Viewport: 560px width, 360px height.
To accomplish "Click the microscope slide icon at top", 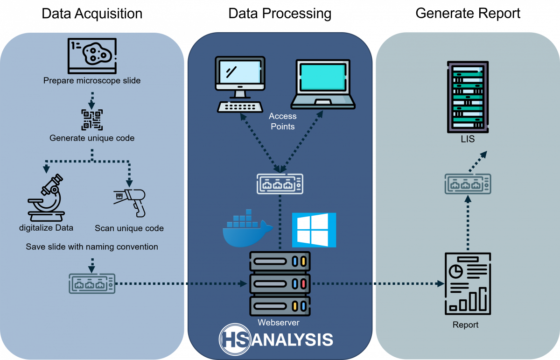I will pyautogui.click(x=92, y=56).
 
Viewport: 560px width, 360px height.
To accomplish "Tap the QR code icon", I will pyautogui.click(x=92, y=120).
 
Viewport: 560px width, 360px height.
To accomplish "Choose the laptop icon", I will pyautogui.click(x=323, y=84).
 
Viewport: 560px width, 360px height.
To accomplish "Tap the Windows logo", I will pyautogui.click(x=314, y=230).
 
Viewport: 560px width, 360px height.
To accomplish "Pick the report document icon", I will pyautogui.click(x=467, y=284).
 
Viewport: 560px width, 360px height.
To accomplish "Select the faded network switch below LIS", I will pyautogui.click(x=468, y=184).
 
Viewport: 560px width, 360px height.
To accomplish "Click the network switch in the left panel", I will pyautogui.click(x=92, y=283).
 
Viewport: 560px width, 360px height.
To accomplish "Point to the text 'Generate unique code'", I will pyautogui.click(x=92, y=138).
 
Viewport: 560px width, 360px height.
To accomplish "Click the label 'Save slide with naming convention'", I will pyautogui.click(x=92, y=247).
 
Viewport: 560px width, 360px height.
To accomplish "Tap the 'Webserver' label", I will pyautogui.click(x=279, y=322).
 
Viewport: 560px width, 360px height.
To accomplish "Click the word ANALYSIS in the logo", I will pyautogui.click(x=292, y=339).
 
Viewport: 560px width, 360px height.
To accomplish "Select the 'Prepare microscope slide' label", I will pyautogui.click(x=92, y=80).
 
